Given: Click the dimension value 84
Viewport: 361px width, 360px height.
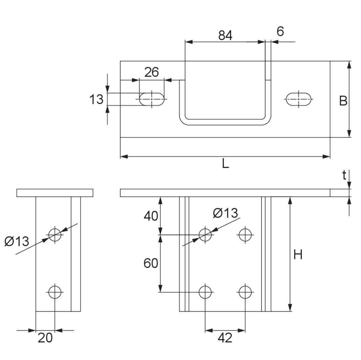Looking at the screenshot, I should pyautogui.click(x=225, y=35).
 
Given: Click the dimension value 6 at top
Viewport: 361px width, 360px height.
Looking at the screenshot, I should pyautogui.click(x=280, y=32).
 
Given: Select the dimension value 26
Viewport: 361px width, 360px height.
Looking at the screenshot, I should pyautogui.click(x=151, y=72).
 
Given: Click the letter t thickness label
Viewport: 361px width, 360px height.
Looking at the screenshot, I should pyautogui.click(x=344, y=175).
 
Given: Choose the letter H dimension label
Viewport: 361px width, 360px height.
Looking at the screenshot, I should pyautogui.click(x=298, y=254).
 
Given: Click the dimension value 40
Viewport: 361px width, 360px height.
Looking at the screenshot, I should pyautogui.click(x=151, y=216).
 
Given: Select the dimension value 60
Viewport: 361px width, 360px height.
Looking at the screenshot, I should pyautogui.click(x=151, y=263).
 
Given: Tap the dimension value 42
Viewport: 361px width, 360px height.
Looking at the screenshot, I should pyautogui.click(x=225, y=338).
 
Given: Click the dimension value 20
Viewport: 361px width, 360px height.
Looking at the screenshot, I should pyautogui.click(x=45, y=338).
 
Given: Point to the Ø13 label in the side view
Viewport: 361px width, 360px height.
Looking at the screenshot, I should pyautogui.click(x=17, y=242).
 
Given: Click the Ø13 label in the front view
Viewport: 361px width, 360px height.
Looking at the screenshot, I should pyautogui.click(x=225, y=213).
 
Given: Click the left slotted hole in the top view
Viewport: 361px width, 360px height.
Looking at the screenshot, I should pyautogui.click(x=152, y=99).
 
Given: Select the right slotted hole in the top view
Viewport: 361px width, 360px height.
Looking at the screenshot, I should pyautogui.click(x=298, y=99).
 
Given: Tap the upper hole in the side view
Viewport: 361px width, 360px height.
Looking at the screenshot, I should pyautogui.click(x=55, y=234).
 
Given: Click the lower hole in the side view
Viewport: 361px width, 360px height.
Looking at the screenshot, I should pyautogui.click(x=55, y=292).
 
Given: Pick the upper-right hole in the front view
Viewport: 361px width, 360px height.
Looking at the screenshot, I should pyautogui.click(x=245, y=234).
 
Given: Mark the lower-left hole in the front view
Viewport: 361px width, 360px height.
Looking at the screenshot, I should pyautogui.click(x=205, y=292).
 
